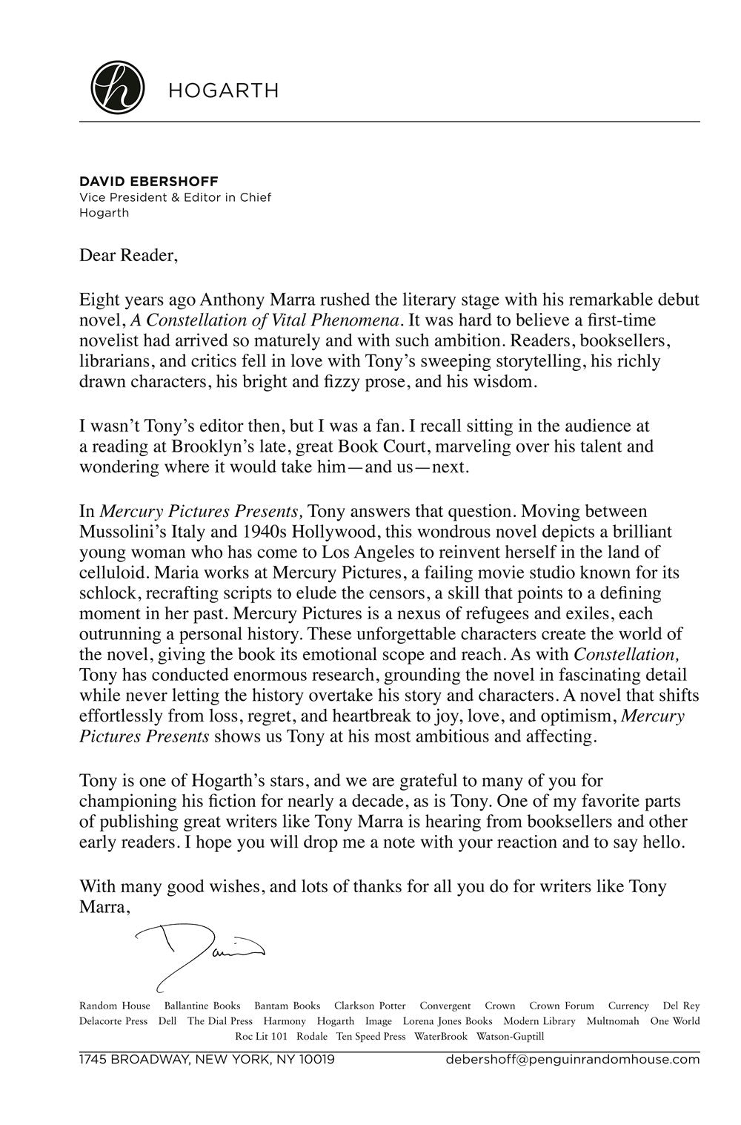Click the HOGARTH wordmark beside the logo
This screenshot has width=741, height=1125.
point(223,90)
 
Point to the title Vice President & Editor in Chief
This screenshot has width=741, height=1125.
point(175,197)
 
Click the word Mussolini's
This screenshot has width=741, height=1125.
point(122,532)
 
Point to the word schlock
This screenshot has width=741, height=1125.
point(106,593)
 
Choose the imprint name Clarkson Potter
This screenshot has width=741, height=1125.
point(370,1006)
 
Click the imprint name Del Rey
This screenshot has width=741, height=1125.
point(681,1006)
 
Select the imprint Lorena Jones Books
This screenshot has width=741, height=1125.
point(448,1021)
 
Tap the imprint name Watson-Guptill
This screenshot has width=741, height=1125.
point(511,1036)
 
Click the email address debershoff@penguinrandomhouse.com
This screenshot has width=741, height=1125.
point(573,1059)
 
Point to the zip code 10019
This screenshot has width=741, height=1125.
point(317,1059)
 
